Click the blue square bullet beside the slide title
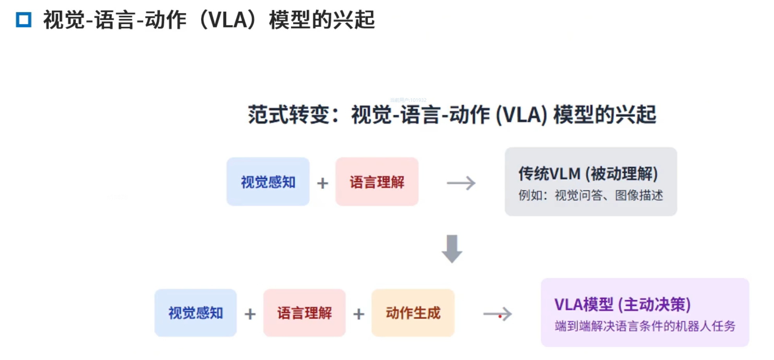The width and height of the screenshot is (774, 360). pos(24,20)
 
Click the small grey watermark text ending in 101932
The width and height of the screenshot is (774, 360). pos(408,100)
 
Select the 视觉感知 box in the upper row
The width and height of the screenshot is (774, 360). pos(268,182)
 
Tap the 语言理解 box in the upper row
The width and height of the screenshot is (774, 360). pos(377,182)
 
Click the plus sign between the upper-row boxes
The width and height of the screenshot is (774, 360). pos(322,183)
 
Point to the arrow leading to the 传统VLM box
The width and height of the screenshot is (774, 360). pos(461,183)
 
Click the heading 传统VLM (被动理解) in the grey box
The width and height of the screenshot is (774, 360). pos(588,174)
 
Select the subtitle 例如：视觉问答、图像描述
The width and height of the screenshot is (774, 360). pos(591,195)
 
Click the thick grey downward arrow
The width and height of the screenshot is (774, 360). pos(452,249)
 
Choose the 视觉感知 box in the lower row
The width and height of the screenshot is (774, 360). pos(195,313)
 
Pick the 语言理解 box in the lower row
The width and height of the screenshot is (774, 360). pos(304,313)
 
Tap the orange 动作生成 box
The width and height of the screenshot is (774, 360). pos(413,313)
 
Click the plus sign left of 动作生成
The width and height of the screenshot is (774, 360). pos(359,314)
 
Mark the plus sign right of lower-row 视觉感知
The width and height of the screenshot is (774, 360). pos(250,314)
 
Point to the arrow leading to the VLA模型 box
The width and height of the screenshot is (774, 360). pos(497,314)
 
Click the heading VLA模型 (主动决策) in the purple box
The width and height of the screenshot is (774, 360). pos(622,304)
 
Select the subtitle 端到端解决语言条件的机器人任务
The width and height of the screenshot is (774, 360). pos(645,326)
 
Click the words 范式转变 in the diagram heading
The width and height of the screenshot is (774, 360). pos(289,115)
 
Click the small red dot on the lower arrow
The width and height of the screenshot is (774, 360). pos(500,316)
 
